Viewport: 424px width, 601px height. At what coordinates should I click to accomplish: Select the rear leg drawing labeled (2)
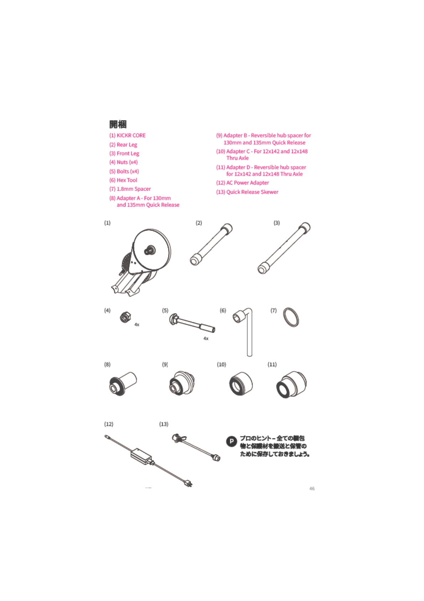pyautogui.click(x=211, y=244)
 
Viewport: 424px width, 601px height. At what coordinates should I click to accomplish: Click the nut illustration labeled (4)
pyautogui.click(x=125, y=317)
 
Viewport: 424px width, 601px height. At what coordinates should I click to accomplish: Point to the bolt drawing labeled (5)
pyautogui.click(x=192, y=323)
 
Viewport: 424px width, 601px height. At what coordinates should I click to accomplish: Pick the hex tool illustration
pyautogui.click(x=246, y=330)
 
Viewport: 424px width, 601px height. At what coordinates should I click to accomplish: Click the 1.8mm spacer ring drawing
pyautogui.click(x=291, y=317)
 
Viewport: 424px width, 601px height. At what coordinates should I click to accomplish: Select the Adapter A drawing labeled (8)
pyautogui.click(x=123, y=383)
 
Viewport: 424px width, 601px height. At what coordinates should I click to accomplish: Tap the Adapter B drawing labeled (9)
pyautogui.click(x=182, y=383)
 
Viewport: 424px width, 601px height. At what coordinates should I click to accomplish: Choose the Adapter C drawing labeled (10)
pyautogui.click(x=241, y=384)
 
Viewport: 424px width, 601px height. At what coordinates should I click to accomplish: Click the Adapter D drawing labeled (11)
pyautogui.click(x=291, y=384)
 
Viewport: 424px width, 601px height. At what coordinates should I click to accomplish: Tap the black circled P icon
pyautogui.click(x=232, y=441)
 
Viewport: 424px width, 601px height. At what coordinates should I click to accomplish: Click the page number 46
pyautogui.click(x=312, y=489)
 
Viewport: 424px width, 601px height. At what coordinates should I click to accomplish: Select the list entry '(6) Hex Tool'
pyautogui.click(x=123, y=180)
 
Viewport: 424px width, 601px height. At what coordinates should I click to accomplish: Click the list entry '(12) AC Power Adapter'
pyautogui.click(x=242, y=183)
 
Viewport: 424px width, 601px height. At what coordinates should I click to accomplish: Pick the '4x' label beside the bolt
pyautogui.click(x=206, y=338)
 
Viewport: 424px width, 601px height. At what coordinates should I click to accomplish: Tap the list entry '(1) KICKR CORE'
pyautogui.click(x=128, y=136)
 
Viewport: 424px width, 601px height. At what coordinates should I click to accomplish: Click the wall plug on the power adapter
pyautogui.click(x=188, y=484)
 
